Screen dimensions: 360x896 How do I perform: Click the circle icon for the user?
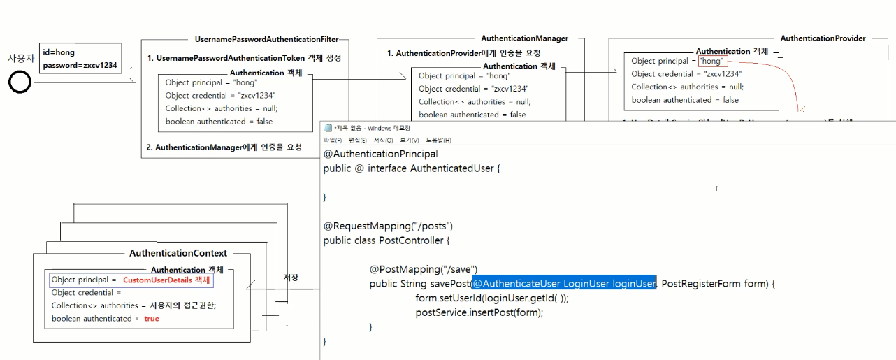coord(20,84)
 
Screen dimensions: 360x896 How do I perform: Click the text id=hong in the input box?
coord(59,52)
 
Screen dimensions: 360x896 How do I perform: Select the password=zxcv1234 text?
coord(80,66)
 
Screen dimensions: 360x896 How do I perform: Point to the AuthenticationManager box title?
coord(524,38)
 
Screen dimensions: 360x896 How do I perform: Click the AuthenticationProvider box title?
coord(823,38)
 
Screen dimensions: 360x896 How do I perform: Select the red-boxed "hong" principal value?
coord(714,61)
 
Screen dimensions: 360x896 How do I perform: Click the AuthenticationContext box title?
coord(178,253)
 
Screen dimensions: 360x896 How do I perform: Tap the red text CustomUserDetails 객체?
coord(168,280)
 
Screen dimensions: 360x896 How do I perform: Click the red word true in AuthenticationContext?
coord(152,319)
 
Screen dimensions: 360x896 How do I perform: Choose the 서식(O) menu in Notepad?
coord(383,141)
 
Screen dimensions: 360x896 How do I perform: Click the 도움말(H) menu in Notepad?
coord(439,141)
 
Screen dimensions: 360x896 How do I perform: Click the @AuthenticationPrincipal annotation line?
coord(380,154)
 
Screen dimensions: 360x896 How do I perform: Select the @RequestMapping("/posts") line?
coord(388,226)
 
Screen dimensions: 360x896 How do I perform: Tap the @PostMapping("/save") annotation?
coord(424,269)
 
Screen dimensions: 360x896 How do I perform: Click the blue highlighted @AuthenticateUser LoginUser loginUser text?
coord(564,284)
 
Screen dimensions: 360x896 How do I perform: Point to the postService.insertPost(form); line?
coord(479,312)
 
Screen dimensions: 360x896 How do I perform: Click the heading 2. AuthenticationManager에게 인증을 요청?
coord(224,147)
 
